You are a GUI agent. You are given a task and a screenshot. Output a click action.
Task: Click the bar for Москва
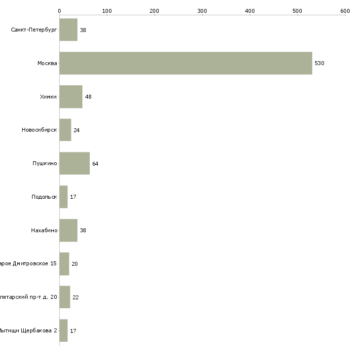tap(185, 63)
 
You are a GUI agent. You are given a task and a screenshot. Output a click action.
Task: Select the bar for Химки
tap(71, 97)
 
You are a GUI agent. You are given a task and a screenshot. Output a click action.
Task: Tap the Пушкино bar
tap(74, 163)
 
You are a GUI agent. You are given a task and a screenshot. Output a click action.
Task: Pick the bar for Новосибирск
tap(65, 130)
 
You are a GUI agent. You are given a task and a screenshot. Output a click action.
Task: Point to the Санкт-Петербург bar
tap(68, 30)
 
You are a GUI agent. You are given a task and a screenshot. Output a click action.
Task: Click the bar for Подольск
tap(63, 197)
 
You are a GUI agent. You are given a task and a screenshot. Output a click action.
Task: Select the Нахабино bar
tap(68, 230)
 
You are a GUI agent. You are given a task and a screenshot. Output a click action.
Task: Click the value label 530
tap(319, 64)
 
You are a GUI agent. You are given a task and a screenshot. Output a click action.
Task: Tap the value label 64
tap(95, 164)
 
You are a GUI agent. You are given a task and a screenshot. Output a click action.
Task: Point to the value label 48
tap(88, 97)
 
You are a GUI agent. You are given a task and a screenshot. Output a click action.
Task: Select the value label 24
tap(76, 130)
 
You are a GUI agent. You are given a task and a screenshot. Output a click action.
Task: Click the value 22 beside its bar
tap(75, 297)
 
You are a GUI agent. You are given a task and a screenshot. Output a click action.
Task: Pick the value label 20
tap(74, 264)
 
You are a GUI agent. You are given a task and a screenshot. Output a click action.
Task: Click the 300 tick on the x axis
tap(202, 11)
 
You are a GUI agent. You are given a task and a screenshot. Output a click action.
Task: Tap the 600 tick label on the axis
tap(345, 11)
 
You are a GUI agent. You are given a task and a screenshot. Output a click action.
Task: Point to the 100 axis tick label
tap(107, 11)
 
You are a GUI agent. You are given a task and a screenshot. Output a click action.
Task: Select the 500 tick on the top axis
tap(297, 11)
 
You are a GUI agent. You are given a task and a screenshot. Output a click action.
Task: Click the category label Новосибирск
tap(39, 130)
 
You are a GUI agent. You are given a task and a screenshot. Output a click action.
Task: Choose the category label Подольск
tap(44, 197)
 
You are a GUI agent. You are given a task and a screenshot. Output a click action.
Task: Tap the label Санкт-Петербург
tap(34, 30)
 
